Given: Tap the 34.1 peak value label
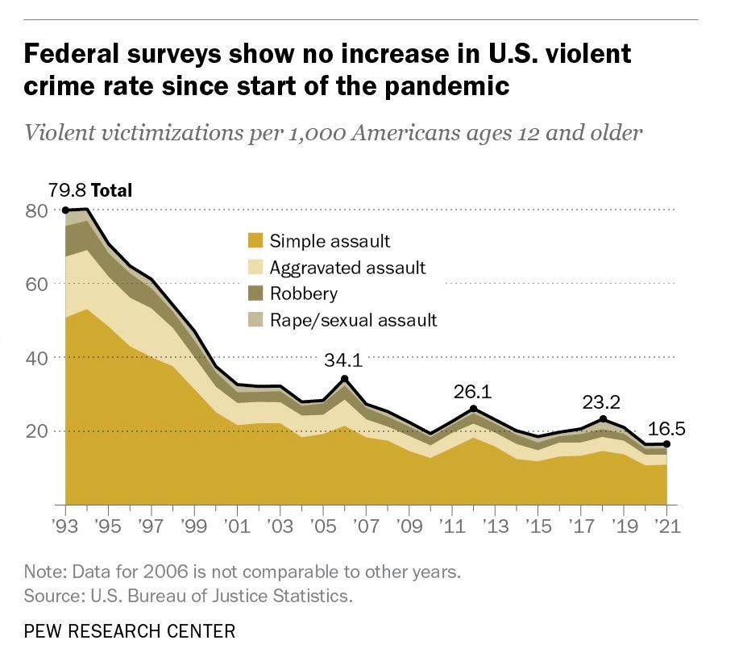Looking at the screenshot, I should pyautogui.click(x=343, y=360).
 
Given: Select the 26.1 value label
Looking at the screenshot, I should pyautogui.click(x=472, y=393).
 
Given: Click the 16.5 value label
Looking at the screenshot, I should pyautogui.click(x=666, y=428).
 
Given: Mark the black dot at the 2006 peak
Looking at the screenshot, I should pyautogui.click(x=344, y=379).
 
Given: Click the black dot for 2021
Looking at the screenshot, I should pyautogui.click(x=666, y=444).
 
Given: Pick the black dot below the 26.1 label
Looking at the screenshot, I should pyautogui.click(x=473, y=409).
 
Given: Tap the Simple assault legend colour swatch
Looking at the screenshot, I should pyautogui.click(x=255, y=240).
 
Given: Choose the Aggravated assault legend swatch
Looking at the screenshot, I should pyautogui.click(x=255, y=267).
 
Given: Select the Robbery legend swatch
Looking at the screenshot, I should pyautogui.click(x=255, y=293).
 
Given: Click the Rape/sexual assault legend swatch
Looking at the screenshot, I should pyautogui.click(x=255, y=320).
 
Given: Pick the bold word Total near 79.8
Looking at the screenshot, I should pyautogui.click(x=111, y=191).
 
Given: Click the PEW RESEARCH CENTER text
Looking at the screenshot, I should pyautogui.click(x=130, y=630).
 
